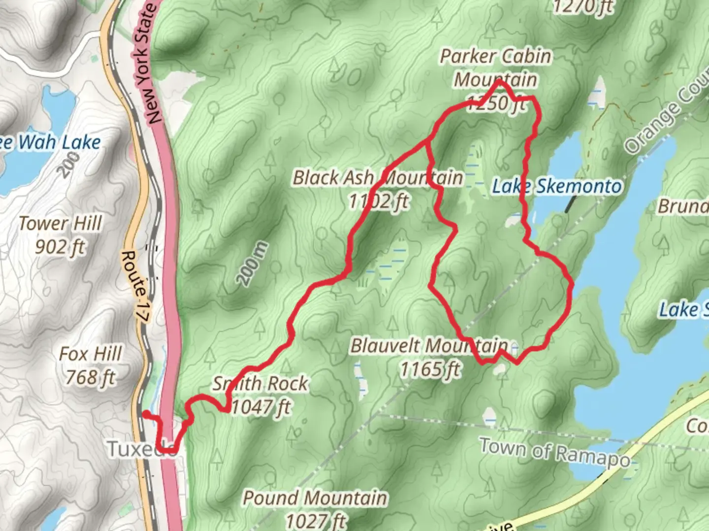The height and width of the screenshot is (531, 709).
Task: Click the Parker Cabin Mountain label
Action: point(495,68)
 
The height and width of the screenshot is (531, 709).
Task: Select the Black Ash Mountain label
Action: point(378,177)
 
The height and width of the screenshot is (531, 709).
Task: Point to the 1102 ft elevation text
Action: point(378,201)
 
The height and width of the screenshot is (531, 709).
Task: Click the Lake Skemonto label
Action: point(557,186)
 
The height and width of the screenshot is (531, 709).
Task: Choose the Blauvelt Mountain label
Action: point(429,346)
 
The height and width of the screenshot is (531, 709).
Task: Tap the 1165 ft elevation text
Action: point(430,369)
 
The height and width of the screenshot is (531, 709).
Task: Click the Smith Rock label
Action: point(260,383)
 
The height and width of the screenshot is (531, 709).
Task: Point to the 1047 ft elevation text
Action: point(261,407)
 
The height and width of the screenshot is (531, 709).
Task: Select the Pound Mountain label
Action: point(315,498)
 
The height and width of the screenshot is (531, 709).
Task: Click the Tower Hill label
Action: point(61,224)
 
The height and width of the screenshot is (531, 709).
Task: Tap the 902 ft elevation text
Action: point(60,246)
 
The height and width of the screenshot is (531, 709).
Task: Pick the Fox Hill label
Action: point(90,354)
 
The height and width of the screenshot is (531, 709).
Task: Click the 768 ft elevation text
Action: point(91,378)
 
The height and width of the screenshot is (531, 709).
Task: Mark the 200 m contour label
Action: point(252,264)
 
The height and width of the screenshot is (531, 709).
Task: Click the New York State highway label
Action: point(148,64)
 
